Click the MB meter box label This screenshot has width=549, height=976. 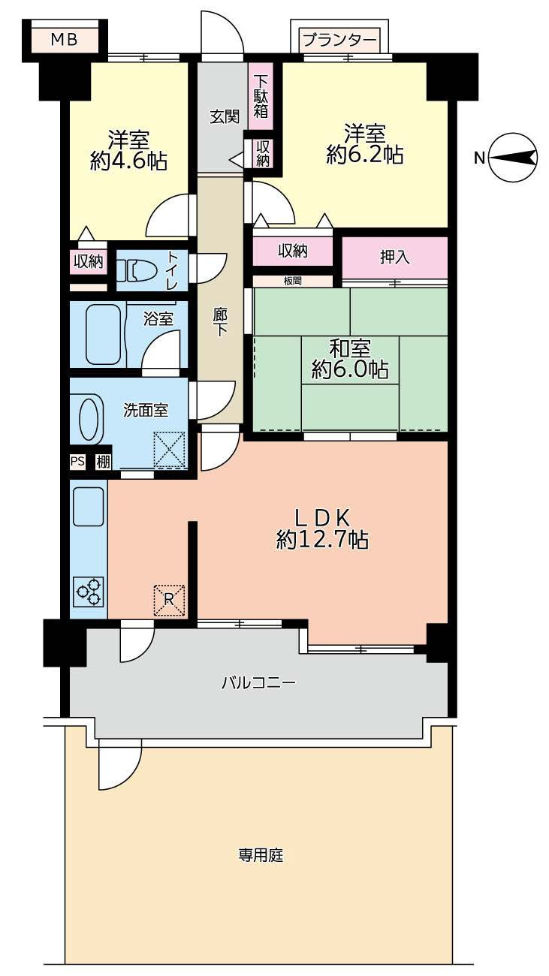pyautogui.click(x=64, y=40)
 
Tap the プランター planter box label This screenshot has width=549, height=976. pyautogui.click(x=339, y=41)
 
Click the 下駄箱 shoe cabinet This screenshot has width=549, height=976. pyautogui.click(x=261, y=96)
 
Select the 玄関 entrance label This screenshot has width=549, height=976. pyautogui.click(x=225, y=117)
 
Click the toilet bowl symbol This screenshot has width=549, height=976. pyautogui.click(x=138, y=270)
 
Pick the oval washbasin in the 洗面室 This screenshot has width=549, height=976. pyautogui.click(x=91, y=418)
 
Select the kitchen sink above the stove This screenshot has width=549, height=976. pyautogui.click(x=89, y=507)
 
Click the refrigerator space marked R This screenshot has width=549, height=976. pyautogui.click(x=169, y=601)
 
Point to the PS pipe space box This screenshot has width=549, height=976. pyautogui.click(x=77, y=462)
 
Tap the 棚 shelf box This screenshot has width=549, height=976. pyautogui.click(x=103, y=462)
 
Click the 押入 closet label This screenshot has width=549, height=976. pyautogui.click(x=395, y=257)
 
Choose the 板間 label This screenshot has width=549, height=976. pyautogui.click(x=292, y=281)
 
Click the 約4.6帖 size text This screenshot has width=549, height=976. pyautogui.click(x=128, y=161)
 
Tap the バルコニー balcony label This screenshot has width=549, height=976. pyautogui.click(x=259, y=682)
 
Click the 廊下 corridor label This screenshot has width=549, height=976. pyautogui.click(x=219, y=322)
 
